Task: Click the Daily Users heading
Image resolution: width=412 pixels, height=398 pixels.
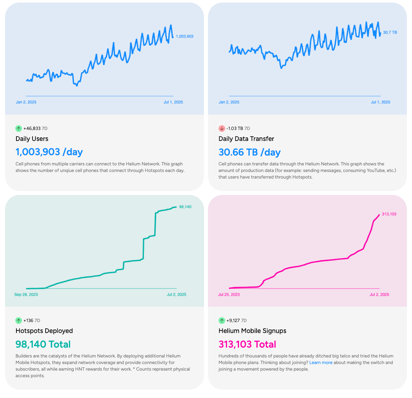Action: tap(32, 139)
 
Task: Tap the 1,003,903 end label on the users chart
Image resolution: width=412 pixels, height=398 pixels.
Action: tap(185, 37)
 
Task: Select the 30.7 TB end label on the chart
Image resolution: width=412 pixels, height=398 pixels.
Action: tap(390, 32)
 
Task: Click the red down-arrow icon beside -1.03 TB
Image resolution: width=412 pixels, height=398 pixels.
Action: tap(222, 129)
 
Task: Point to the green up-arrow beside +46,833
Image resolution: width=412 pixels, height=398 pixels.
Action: tap(19, 129)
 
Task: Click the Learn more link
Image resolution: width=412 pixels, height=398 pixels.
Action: tap(321, 363)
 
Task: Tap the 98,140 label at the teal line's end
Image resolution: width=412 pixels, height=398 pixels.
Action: tap(185, 207)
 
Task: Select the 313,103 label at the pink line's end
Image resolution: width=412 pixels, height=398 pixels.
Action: tap(389, 214)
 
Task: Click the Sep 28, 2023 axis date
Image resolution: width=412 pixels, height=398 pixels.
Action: tap(26, 294)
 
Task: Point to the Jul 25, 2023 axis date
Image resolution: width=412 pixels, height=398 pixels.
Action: tap(229, 294)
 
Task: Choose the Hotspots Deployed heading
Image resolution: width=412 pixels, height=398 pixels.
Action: tap(44, 331)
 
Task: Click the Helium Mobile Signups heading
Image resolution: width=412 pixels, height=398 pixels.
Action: tap(252, 331)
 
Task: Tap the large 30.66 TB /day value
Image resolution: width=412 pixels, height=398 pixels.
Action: tap(250, 152)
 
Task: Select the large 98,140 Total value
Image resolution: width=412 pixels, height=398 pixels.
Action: tap(43, 344)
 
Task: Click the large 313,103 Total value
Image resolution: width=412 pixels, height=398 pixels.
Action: tap(247, 344)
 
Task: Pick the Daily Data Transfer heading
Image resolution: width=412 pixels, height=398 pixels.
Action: tap(246, 139)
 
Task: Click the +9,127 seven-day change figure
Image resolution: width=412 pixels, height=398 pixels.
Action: tap(233, 321)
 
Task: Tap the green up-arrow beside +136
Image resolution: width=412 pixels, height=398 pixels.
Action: tap(19, 321)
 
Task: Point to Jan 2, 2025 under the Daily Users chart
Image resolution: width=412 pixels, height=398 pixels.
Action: tap(26, 102)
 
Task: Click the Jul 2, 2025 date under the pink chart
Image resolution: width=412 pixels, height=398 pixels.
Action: tap(380, 294)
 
